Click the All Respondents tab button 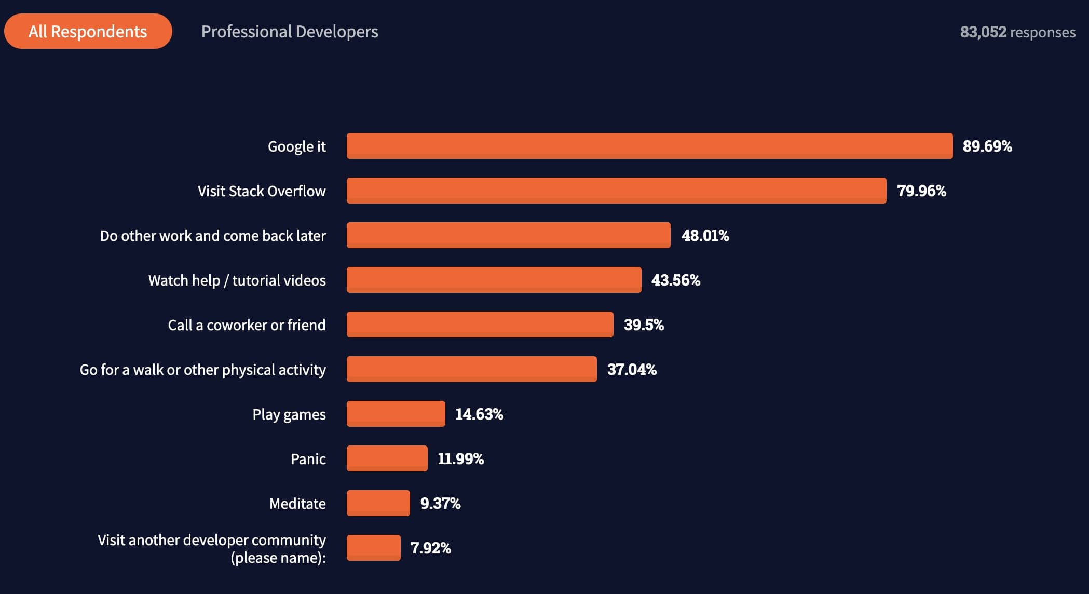[x=88, y=32]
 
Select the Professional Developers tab [x=290, y=32]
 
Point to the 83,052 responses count [x=1017, y=32]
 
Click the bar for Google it [x=649, y=146]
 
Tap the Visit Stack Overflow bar [x=616, y=191]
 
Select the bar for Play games [x=396, y=414]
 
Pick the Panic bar [x=387, y=458]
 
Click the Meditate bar [x=378, y=503]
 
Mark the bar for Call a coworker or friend [x=480, y=325]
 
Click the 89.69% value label [x=987, y=146]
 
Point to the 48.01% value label [x=705, y=236]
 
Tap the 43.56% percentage [x=675, y=280]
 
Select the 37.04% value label [x=632, y=370]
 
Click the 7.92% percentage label [x=430, y=548]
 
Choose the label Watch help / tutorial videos [x=237, y=280]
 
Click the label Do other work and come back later [x=213, y=236]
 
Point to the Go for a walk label [x=202, y=370]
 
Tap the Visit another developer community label [x=212, y=548]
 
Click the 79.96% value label [x=921, y=191]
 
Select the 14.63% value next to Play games [x=479, y=414]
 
